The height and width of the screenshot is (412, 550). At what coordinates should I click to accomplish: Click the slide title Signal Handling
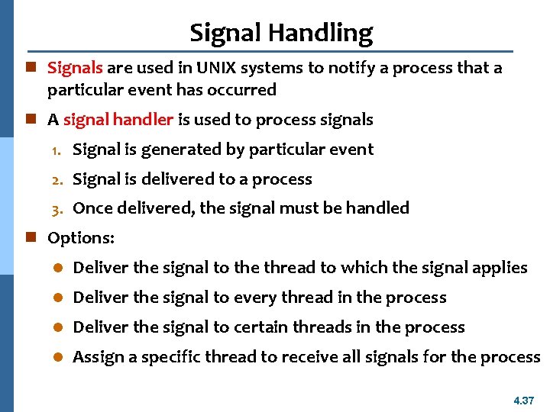pos(281,33)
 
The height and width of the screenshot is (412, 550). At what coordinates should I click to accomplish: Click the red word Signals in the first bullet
pos(75,68)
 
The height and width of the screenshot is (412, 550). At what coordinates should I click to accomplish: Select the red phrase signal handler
pos(120,120)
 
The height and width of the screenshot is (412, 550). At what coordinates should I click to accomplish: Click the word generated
pos(161,150)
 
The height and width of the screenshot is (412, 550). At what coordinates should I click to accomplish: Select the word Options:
pos(81,238)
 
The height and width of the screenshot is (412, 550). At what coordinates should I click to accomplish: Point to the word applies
pos(500,268)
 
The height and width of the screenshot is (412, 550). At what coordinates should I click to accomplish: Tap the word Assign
pos(96,357)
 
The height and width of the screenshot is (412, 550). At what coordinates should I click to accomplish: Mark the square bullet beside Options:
pos(31,238)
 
